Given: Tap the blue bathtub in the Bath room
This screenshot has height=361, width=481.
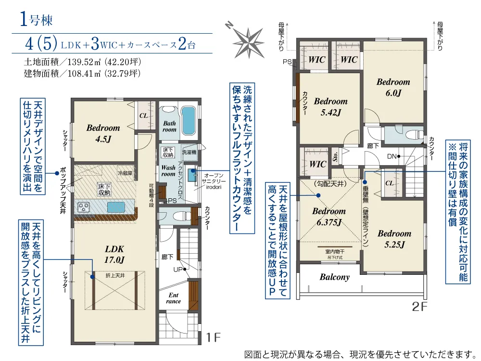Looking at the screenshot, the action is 189,121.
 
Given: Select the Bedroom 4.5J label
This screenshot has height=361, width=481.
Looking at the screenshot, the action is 103,133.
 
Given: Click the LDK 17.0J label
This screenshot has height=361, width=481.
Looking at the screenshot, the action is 114,255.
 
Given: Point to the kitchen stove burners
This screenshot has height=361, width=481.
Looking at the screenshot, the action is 83,207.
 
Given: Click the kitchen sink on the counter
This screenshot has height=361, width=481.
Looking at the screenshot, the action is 116,207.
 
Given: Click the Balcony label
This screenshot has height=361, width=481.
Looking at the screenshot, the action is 335,277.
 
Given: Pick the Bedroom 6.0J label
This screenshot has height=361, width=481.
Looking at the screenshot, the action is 393,87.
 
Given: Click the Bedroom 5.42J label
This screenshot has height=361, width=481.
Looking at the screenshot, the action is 331,107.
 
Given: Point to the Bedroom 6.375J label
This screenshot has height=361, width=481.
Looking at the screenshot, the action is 329,217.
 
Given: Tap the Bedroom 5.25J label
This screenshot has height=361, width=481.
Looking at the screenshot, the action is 394,239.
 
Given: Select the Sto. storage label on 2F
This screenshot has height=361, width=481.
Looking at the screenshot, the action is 336,156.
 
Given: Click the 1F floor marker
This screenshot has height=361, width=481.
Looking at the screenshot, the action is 213,337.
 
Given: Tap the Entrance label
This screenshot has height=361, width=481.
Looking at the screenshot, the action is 173,298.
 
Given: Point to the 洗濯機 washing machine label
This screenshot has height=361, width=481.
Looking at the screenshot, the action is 189,152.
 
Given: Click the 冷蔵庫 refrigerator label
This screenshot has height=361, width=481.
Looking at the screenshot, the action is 125,173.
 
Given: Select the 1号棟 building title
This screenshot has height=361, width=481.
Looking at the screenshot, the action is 36,20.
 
